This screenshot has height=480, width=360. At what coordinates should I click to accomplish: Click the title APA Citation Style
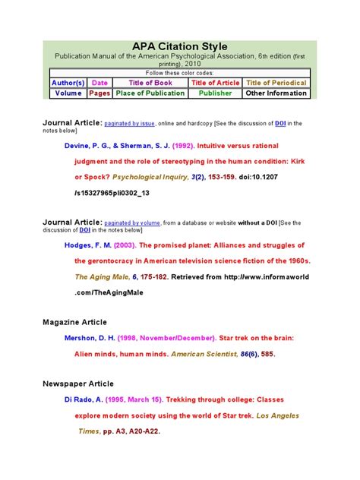tap(180, 47)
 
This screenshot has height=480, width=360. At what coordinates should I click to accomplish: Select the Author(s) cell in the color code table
tap(68, 83)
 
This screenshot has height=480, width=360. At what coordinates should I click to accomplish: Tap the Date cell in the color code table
tap(99, 83)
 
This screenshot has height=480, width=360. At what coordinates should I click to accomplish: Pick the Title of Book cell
tap(150, 83)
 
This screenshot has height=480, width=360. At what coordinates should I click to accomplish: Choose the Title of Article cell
tap(215, 83)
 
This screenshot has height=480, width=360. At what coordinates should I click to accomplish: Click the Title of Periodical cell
tap(276, 83)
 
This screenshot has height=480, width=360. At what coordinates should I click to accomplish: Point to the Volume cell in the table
tap(68, 93)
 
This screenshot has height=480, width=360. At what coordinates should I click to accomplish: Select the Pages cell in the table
tap(99, 93)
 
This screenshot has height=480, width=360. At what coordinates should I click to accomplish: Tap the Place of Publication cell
tap(150, 93)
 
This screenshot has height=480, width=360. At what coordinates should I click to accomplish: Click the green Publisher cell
tap(215, 93)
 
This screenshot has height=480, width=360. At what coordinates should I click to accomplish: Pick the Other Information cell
tap(276, 93)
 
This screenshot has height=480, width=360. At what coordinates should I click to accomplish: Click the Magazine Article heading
tap(78, 323)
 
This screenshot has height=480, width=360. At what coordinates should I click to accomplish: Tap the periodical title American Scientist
tap(202, 354)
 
